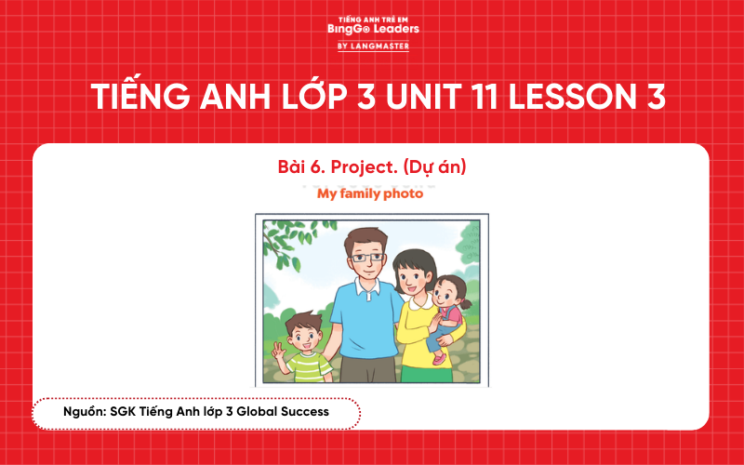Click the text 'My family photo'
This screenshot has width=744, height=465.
(370, 193)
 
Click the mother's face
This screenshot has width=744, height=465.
(410, 275)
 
